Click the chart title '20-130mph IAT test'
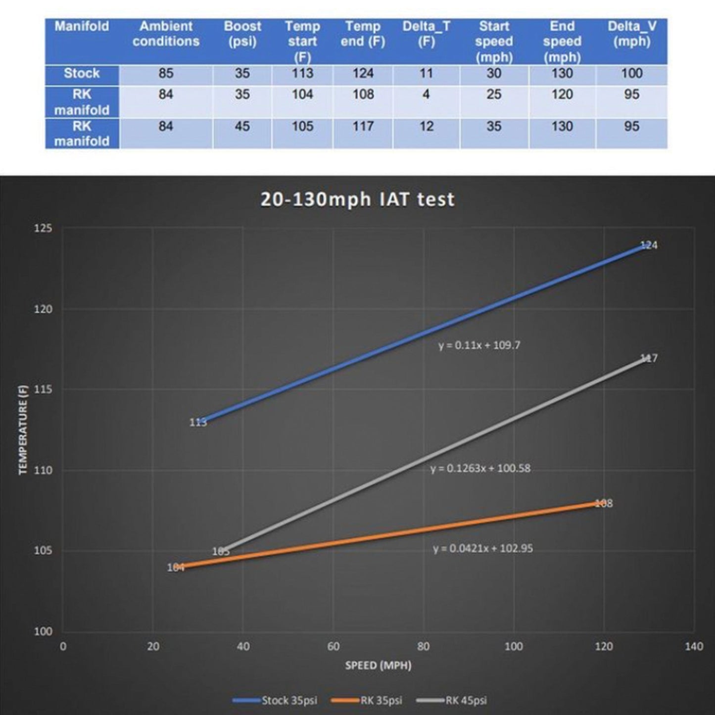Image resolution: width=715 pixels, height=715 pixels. (357, 199)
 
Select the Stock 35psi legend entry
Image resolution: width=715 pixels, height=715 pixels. (276, 700)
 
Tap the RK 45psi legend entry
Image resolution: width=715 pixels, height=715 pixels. (452, 700)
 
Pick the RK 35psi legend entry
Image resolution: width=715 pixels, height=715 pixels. (367, 700)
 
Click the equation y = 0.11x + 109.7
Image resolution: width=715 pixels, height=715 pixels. (479, 345)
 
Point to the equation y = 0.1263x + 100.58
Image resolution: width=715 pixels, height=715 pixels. (480, 468)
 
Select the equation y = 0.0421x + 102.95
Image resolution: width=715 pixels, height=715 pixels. (483, 548)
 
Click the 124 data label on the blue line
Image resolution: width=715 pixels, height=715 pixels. (649, 245)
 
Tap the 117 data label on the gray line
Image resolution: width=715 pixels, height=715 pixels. (649, 358)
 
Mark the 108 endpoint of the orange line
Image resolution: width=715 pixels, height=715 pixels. (603, 503)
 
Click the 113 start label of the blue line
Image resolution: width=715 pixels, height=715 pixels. (198, 423)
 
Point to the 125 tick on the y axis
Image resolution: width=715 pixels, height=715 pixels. (43, 229)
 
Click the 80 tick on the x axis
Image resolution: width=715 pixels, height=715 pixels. (424, 646)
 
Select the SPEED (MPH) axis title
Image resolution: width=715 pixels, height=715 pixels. (378, 666)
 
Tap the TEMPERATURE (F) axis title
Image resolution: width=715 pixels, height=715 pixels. (23, 429)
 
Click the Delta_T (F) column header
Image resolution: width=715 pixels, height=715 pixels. (426, 34)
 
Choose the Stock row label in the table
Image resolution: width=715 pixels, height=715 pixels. (82, 74)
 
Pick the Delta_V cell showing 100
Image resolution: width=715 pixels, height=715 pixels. (631, 74)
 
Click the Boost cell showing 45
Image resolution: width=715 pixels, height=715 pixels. (242, 127)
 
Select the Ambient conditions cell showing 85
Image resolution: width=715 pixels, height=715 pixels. (166, 74)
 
